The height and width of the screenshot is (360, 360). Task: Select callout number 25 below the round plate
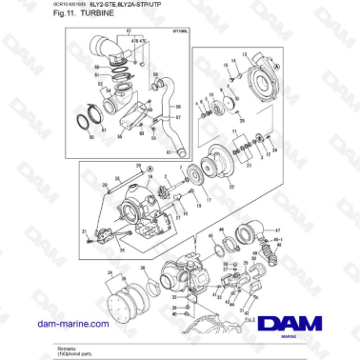(x=242, y=122)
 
